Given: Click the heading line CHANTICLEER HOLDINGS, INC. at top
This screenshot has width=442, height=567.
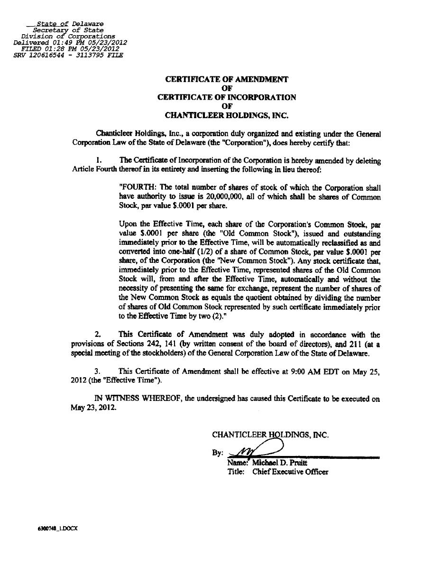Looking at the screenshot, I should [x=227, y=115].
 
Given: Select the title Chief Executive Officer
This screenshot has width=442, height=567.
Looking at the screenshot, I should [x=290, y=472].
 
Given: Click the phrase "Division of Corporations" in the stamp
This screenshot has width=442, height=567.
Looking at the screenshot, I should [x=68, y=36].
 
